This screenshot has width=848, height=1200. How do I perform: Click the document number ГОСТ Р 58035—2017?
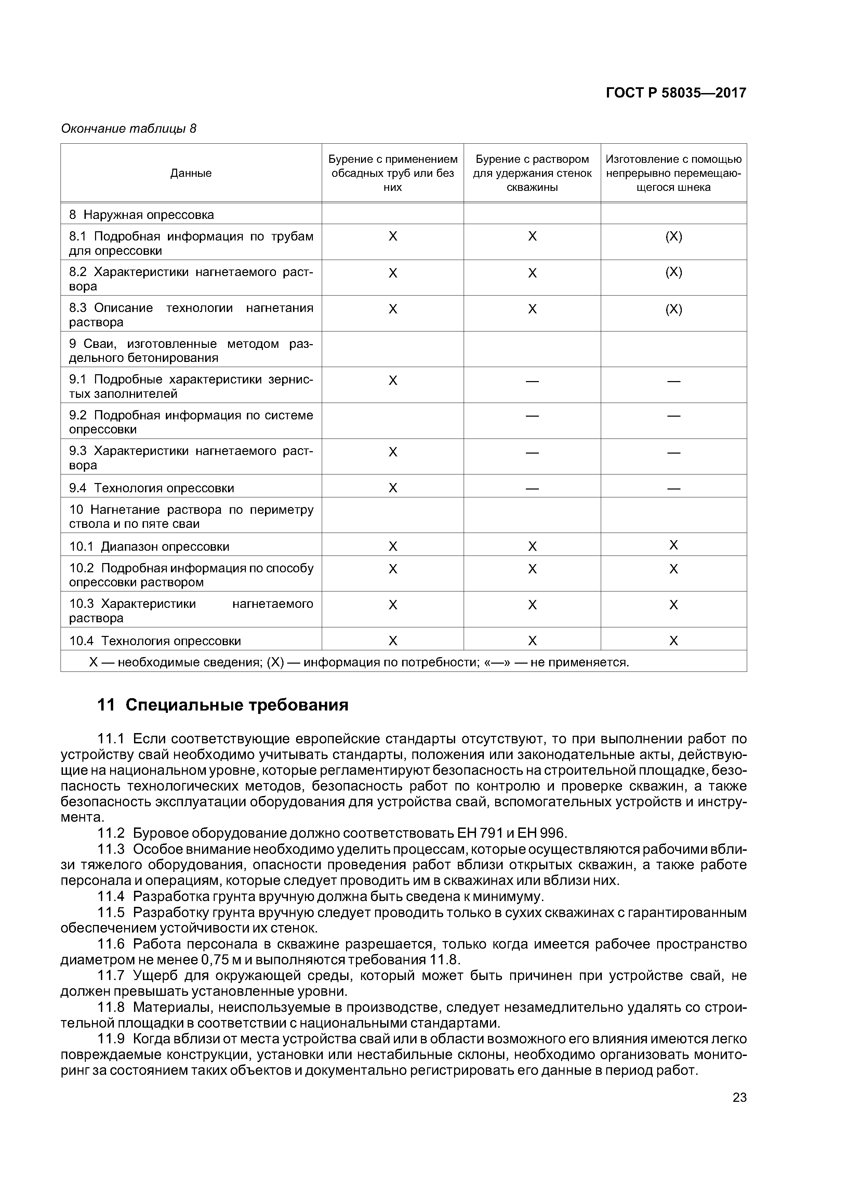click(676, 93)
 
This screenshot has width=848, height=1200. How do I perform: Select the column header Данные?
click(191, 173)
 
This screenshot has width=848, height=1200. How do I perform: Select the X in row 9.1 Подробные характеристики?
click(393, 380)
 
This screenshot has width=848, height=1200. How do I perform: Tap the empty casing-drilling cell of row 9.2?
click(393, 421)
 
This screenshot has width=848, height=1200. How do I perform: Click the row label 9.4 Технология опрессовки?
click(151, 488)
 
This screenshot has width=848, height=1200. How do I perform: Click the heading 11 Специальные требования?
click(223, 705)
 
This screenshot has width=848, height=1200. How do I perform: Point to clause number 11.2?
click(111, 833)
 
